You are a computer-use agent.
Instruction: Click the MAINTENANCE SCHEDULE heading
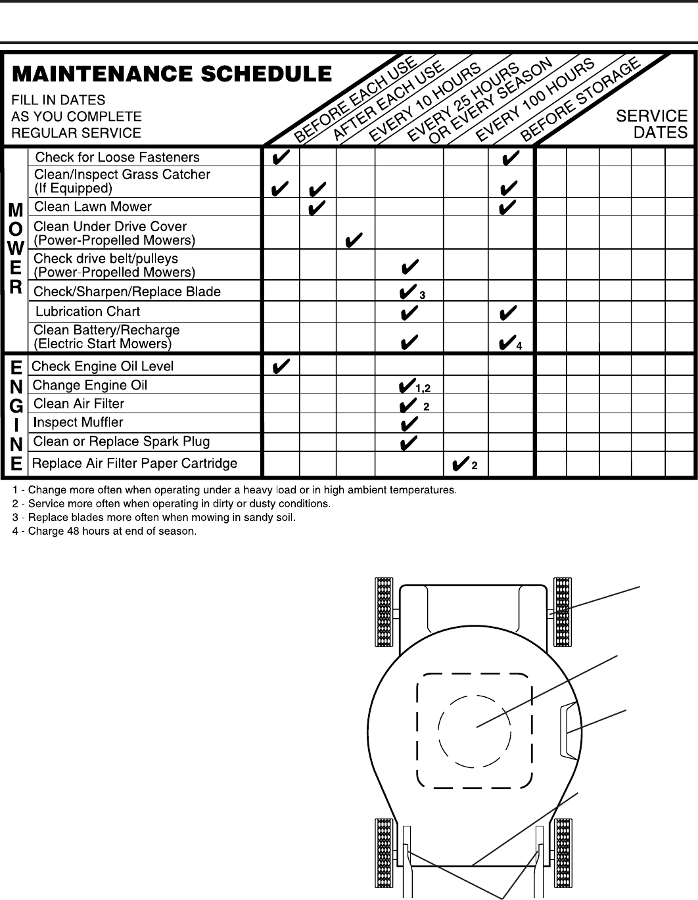point(172,74)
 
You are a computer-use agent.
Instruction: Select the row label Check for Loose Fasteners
point(117,157)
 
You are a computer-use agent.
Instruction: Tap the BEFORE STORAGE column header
point(580,99)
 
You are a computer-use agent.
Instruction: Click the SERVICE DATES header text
point(651,124)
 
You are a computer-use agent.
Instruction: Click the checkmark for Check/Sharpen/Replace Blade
point(407,291)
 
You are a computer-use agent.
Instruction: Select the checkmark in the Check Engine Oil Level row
point(281,365)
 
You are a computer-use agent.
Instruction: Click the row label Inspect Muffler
point(78,422)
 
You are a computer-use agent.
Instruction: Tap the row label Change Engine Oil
point(90,385)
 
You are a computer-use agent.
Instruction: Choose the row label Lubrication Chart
point(87,311)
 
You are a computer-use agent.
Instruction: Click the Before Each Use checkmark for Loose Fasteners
point(281,158)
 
